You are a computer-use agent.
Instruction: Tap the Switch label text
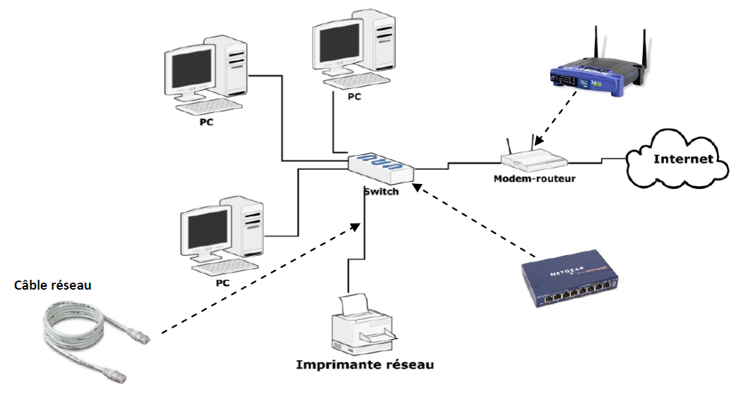point(382,191)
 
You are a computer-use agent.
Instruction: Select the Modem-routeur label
point(534,178)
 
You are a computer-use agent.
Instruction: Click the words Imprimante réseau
point(364,365)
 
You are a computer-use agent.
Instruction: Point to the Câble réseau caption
point(54,286)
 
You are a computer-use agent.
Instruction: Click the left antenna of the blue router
point(596,47)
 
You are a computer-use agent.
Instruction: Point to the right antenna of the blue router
point(644,49)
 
